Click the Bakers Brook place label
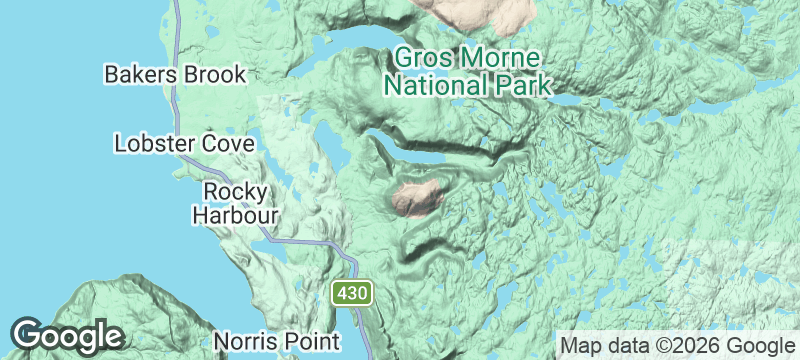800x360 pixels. pyautogui.click(x=175, y=74)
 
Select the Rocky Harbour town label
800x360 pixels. pyautogui.click(x=234, y=202)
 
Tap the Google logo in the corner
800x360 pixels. pyautogui.click(x=67, y=335)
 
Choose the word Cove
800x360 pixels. pyautogui.click(x=217, y=143)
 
